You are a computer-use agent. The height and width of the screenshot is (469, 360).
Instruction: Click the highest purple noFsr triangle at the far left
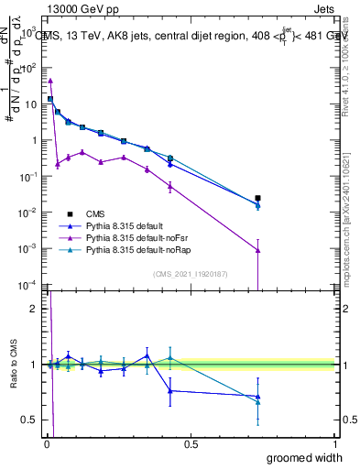click(50, 81)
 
